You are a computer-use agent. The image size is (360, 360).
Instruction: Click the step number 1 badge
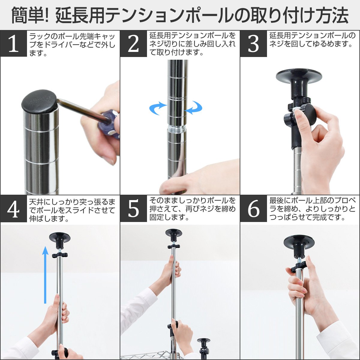[x=13, y=43]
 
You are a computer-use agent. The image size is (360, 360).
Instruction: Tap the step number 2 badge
[x=133, y=43]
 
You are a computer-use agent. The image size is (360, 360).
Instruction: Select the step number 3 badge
[x=253, y=43]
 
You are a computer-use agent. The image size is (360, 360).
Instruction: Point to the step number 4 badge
[x=13, y=209]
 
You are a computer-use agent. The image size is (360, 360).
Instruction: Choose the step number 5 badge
[x=133, y=209]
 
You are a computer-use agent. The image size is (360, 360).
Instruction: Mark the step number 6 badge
[x=253, y=209]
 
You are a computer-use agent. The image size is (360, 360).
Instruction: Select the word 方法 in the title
[x=331, y=15]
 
